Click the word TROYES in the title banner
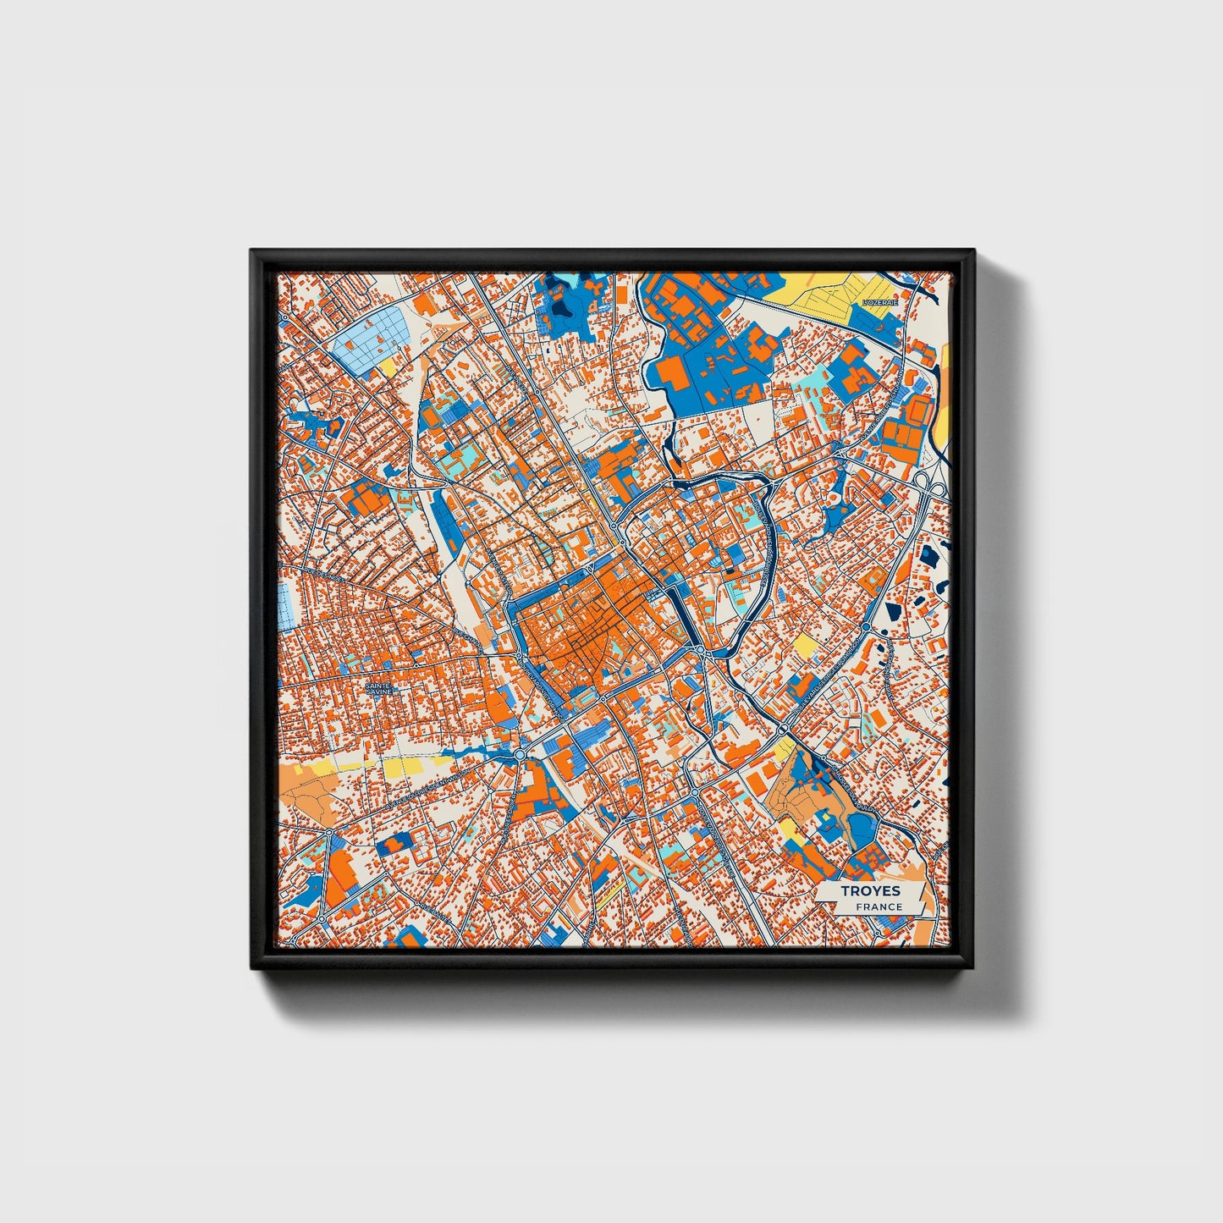coord(870,891)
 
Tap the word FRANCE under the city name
coord(879,906)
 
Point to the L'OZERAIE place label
coord(879,302)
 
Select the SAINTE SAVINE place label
coord(378,689)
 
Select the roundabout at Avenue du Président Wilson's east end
coord(519,753)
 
